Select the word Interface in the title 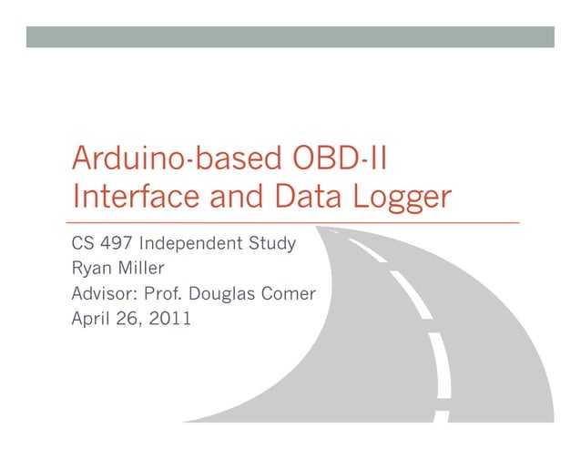click(127, 197)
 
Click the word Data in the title click(301, 197)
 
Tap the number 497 click(118, 244)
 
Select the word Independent click(192, 245)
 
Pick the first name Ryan click(89, 270)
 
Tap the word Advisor click(100, 294)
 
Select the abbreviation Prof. click(159, 294)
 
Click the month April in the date click(89, 320)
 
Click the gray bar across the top click(290, 36)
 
